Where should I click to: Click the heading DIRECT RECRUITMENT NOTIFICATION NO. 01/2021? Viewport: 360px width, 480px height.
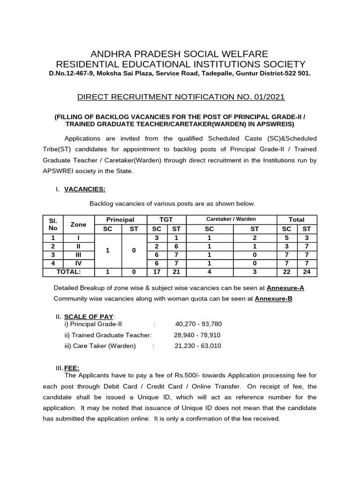(x=181, y=97)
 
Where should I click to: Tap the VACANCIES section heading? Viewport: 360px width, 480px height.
(x=84, y=189)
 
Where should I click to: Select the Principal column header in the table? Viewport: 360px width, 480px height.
(x=120, y=219)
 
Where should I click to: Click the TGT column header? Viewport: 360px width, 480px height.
(x=166, y=219)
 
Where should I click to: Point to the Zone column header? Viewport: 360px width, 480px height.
(x=78, y=224)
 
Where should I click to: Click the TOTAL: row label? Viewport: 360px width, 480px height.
(x=68, y=271)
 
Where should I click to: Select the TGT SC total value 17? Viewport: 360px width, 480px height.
(x=157, y=272)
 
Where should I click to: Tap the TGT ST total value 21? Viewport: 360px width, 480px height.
(x=176, y=272)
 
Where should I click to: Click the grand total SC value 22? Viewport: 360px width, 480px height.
(x=287, y=272)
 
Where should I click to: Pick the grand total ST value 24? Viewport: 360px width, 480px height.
(x=307, y=272)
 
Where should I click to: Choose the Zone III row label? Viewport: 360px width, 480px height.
(x=78, y=255)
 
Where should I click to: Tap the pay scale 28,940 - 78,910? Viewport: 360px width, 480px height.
(x=197, y=335)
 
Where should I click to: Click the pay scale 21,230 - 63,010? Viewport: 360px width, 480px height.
(x=197, y=346)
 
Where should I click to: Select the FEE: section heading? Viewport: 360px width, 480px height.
(x=72, y=369)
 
